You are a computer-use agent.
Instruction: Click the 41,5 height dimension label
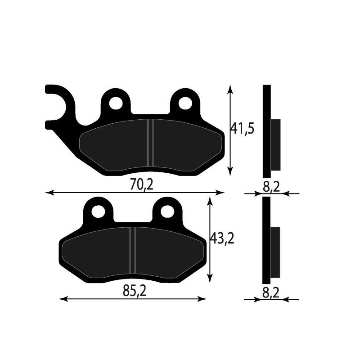tap(243, 129)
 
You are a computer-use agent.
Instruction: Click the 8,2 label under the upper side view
tap(271, 186)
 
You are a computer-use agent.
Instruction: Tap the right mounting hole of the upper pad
tap(184, 103)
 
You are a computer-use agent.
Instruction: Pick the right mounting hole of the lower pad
tap(168, 211)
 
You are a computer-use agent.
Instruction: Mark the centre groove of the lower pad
tap(133, 251)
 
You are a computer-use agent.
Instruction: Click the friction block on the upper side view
tap(275, 145)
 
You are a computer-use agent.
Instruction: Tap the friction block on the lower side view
tap(275, 252)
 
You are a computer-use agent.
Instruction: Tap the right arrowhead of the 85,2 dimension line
tap(203, 299)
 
